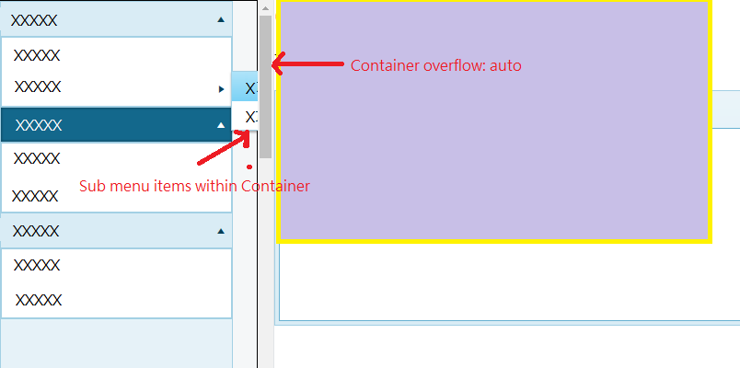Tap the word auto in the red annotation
(506, 66)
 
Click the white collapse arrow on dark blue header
(220, 124)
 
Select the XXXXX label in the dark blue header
(39, 124)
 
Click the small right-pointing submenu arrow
(221, 89)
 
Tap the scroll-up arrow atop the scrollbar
(265, 7)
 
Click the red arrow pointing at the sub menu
(225, 146)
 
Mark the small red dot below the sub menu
(249, 167)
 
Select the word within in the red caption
(217, 186)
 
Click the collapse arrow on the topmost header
(220, 18)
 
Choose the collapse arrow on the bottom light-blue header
(220, 231)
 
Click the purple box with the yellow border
(494, 121)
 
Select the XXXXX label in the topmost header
(33, 19)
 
